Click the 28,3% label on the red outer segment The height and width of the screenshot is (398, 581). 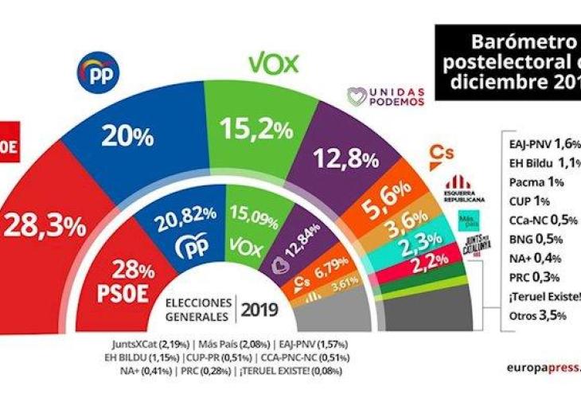click(45, 226)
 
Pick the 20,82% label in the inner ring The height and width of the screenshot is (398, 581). click(188, 213)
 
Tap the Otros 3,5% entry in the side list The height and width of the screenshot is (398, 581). click(537, 314)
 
